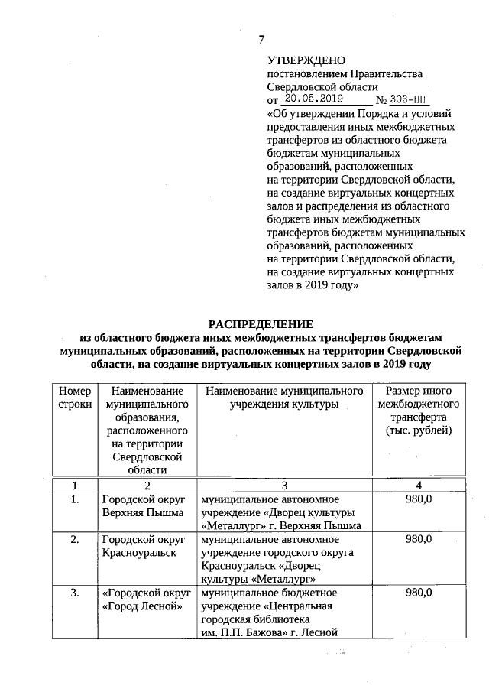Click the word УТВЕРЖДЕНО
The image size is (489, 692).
pos(306,60)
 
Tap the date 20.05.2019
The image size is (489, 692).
pos(314,99)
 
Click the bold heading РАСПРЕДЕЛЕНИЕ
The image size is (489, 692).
pos(261,324)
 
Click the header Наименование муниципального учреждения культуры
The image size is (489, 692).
pos(283,397)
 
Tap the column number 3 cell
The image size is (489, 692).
pos(283,486)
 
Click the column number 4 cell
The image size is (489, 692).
pos(418,486)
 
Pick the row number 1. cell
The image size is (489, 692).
pos(74,499)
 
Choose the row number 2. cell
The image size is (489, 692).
pos(74,539)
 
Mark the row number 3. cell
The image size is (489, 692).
pos(74,593)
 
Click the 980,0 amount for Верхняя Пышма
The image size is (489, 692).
pos(418,499)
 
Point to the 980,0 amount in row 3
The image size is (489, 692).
pos(418,593)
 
